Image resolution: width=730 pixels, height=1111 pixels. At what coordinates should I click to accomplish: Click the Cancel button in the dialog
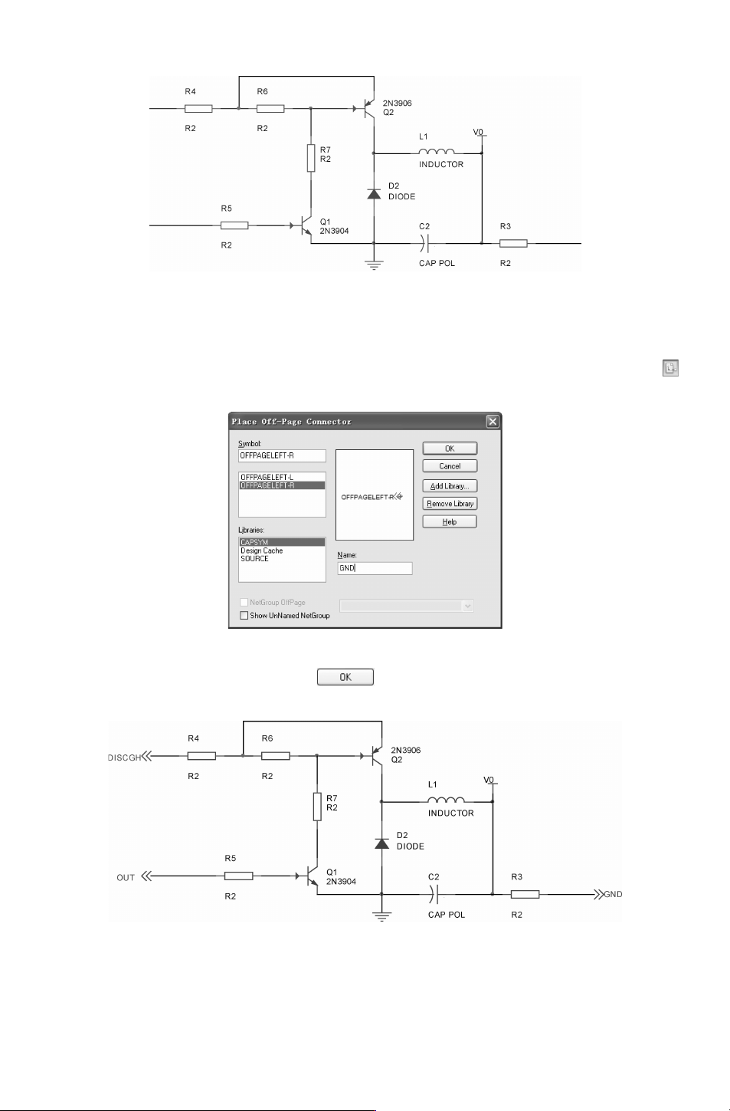coord(450,466)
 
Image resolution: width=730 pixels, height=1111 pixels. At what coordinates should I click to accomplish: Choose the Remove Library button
coord(450,504)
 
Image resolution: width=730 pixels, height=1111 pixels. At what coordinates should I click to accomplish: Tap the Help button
coord(450,522)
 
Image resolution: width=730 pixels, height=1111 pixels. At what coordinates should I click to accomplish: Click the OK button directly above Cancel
coord(450,449)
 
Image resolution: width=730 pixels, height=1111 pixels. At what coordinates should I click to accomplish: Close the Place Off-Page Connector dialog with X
coord(492,422)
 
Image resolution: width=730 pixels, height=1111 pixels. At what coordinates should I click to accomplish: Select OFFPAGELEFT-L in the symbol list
coord(267,477)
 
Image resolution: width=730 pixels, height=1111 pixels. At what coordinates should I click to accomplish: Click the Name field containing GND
coord(375,568)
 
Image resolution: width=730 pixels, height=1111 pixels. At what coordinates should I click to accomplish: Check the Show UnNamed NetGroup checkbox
coord(244,616)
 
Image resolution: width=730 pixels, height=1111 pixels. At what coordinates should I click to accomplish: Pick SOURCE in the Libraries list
coord(254,558)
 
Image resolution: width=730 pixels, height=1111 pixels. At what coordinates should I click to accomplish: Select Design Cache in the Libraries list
coord(262,551)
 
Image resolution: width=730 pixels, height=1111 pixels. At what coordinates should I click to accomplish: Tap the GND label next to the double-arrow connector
coord(613,894)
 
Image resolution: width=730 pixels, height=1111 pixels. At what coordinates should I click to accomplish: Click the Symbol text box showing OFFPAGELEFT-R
coord(282,455)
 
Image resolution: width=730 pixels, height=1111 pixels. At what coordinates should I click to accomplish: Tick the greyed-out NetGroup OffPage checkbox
coord(244,602)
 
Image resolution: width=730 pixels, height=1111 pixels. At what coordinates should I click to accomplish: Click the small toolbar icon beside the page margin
coord(670,368)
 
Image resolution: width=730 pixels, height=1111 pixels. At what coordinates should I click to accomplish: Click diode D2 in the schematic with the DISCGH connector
coord(381,843)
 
